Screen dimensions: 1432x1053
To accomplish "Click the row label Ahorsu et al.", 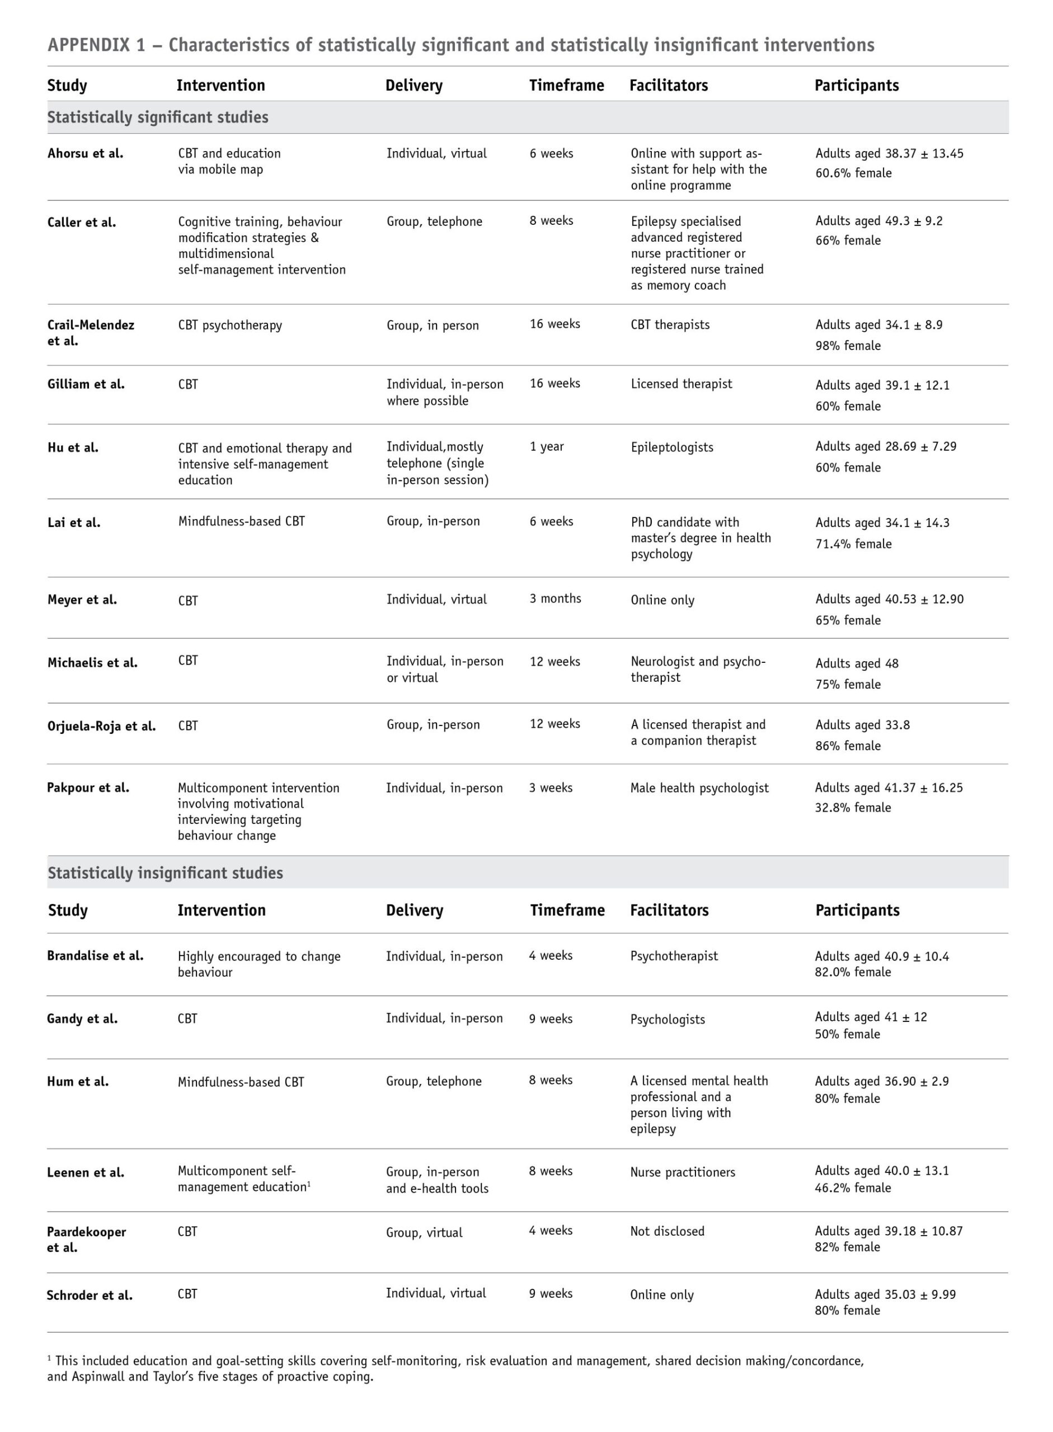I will (86, 154).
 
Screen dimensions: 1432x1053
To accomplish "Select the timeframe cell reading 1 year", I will (546, 447).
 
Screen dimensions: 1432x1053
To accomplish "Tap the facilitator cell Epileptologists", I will (672, 447).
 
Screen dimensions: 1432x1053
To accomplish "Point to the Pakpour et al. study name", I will (88, 788).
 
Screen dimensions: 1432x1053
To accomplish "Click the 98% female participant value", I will (848, 345).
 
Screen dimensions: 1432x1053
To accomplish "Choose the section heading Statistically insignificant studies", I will (165, 873).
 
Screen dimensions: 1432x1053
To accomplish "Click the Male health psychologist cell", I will (699, 788).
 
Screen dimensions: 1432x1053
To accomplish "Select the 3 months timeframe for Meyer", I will (555, 599).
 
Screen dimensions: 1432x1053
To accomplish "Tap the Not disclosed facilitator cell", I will (667, 1231).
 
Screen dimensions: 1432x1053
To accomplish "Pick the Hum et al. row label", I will (78, 1081).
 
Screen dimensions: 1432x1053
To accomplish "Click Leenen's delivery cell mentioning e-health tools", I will (438, 1180).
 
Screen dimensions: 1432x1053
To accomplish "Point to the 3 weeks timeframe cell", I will (551, 788).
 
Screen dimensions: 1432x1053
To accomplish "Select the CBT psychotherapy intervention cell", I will (230, 325).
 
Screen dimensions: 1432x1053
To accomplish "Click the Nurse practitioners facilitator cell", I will (683, 1172).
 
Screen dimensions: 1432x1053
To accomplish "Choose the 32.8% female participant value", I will (853, 807).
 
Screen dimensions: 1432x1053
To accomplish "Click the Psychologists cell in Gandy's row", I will (667, 1020).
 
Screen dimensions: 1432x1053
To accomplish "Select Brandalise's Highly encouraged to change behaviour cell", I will (259, 964).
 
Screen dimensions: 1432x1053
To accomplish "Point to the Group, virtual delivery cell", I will (424, 1232).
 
